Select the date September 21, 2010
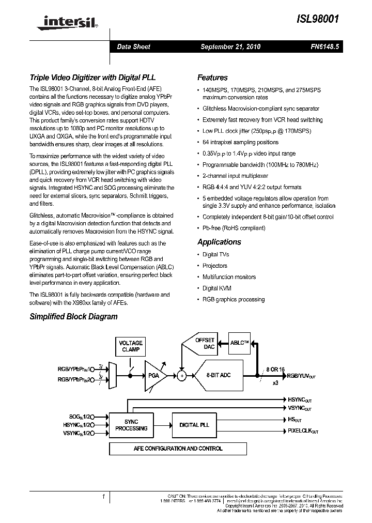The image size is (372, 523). tap(230, 47)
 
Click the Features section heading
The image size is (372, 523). tap(212, 78)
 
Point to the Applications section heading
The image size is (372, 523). tap(219, 242)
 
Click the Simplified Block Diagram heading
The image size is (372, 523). tap(73, 316)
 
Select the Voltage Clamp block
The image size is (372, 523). tap(131, 346)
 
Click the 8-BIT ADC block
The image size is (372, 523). tap(218, 375)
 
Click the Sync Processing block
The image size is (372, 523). tap(131, 425)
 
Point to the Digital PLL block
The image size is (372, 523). tap(194, 425)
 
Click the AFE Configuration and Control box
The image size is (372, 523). tap(177, 449)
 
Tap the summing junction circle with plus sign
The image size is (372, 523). tap(181, 376)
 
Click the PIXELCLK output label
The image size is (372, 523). tap(303, 430)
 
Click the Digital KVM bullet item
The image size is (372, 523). tap(216, 288)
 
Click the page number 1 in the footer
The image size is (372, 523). tap(103, 497)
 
